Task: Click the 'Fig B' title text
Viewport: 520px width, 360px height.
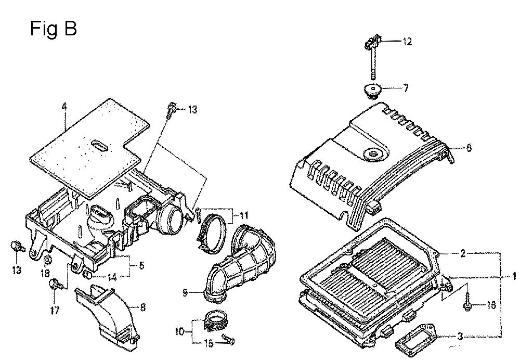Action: [x=54, y=29]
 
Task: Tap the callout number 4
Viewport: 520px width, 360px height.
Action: [x=64, y=107]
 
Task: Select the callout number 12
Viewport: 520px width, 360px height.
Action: [x=407, y=42]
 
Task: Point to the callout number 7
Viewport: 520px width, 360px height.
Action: [x=405, y=88]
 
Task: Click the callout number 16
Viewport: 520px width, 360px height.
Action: [x=491, y=304]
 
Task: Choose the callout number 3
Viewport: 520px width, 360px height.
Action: [x=460, y=337]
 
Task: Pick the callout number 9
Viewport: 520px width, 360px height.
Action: [x=185, y=292]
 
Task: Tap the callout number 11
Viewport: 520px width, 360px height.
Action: [x=244, y=216]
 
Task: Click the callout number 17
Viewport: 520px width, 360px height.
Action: [x=55, y=310]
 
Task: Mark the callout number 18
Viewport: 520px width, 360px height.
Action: [x=45, y=274]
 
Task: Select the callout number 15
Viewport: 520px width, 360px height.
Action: [x=209, y=343]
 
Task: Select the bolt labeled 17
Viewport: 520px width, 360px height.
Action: [x=55, y=285]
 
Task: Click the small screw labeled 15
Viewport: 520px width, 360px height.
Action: [x=228, y=340]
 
